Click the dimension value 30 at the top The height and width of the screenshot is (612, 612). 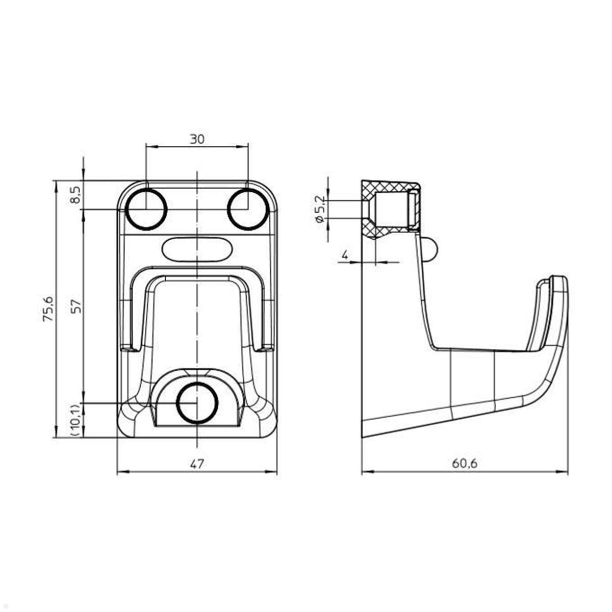click(x=197, y=139)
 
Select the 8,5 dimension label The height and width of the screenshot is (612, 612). click(x=75, y=195)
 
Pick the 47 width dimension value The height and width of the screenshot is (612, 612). click(x=197, y=464)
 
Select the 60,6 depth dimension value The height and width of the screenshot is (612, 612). click(x=464, y=464)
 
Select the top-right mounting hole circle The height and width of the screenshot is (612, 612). click(x=247, y=209)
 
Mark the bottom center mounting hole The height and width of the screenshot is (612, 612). click(x=197, y=403)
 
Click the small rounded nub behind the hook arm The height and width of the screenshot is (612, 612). click(x=431, y=249)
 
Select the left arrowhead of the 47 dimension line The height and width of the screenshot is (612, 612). click(x=120, y=473)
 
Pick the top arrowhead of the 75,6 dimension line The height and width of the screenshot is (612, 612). click(x=55, y=184)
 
